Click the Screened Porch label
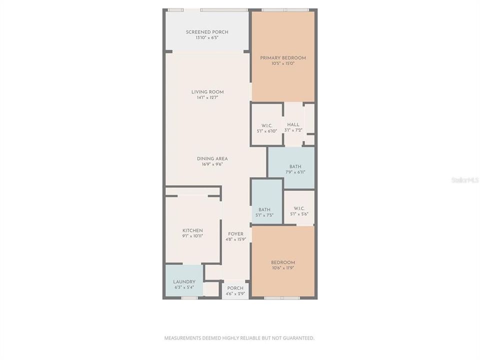click(x=207, y=32)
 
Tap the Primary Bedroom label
click(x=283, y=58)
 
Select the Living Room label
click(x=207, y=92)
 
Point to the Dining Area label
click(x=212, y=159)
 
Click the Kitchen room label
click(x=192, y=230)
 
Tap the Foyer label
click(x=235, y=234)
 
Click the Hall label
click(x=293, y=125)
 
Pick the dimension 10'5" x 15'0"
click(x=283, y=63)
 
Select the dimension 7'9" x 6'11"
click(x=295, y=172)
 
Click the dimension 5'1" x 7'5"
click(x=264, y=215)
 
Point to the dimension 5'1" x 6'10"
click(x=266, y=131)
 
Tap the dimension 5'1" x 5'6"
click(x=299, y=214)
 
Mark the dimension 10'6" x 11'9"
click(x=283, y=268)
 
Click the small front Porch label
click(x=235, y=288)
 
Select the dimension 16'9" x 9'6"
click(x=212, y=164)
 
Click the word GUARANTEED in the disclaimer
click(x=298, y=338)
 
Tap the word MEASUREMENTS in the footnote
click(x=182, y=338)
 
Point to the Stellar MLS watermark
click(x=464, y=179)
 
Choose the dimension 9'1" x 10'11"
click(x=192, y=236)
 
